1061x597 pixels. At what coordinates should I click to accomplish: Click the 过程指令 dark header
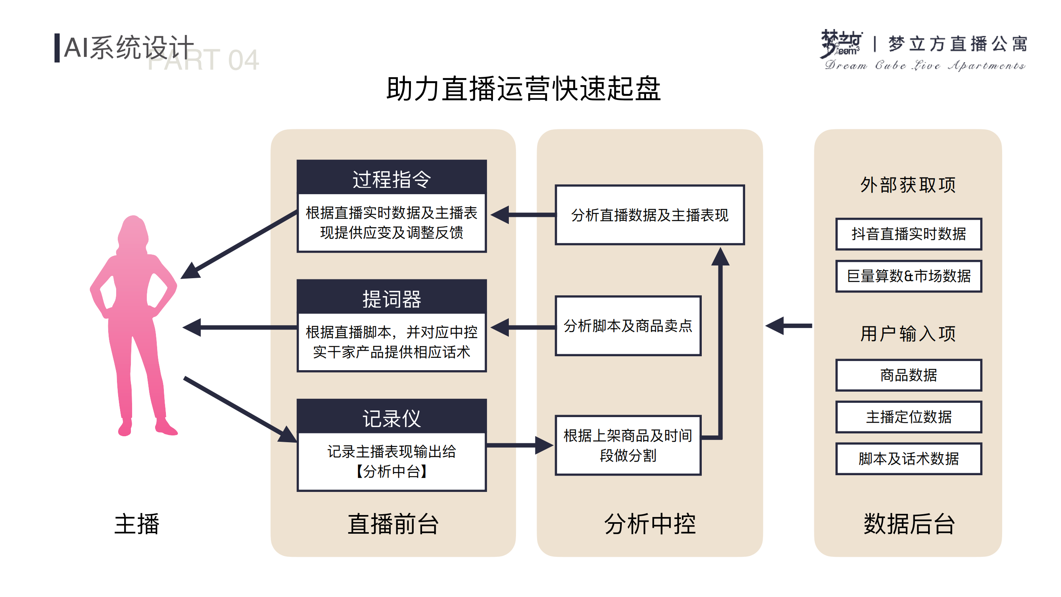[x=391, y=178]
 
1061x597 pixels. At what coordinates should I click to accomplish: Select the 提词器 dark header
[x=391, y=298]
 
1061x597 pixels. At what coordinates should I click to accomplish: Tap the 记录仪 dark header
[x=391, y=418]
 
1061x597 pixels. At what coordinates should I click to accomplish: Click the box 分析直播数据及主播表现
[x=650, y=215]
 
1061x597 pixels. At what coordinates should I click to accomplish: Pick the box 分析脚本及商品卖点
[x=628, y=326]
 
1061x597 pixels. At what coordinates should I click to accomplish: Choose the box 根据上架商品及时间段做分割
[x=628, y=445]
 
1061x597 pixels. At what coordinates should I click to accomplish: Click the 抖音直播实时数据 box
[x=908, y=234]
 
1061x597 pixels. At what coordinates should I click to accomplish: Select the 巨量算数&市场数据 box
[x=908, y=276]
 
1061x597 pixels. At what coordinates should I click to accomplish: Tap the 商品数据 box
[x=908, y=375]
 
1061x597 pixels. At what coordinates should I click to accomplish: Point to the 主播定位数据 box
[x=908, y=417]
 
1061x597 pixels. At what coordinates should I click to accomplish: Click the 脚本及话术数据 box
[x=908, y=458]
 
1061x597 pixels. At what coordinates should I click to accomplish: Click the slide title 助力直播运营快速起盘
[x=523, y=89]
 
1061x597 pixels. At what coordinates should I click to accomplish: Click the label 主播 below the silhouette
[x=137, y=524]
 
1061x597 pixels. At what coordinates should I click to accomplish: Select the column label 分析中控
[x=650, y=524]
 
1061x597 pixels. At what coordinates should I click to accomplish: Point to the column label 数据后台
[x=909, y=524]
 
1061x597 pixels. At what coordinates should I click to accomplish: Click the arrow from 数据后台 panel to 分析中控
[x=788, y=326]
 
